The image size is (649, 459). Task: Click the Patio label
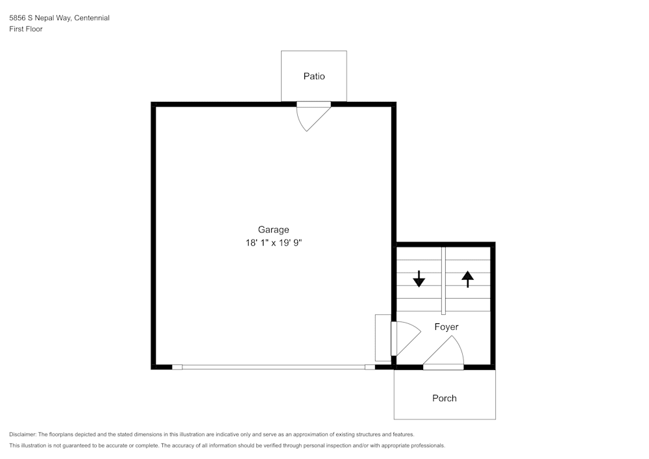coord(314,76)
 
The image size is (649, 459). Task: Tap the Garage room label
coord(273,229)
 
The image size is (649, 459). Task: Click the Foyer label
coord(447,327)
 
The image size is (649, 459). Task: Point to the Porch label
coord(445,398)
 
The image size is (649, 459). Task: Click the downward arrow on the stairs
coord(419,279)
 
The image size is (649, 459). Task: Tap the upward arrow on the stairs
coord(467,279)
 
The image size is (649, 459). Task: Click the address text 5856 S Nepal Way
coord(40,18)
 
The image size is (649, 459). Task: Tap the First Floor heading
coord(26,29)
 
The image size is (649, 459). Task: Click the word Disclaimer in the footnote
coord(23,434)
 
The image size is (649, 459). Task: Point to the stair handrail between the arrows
coord(443,279)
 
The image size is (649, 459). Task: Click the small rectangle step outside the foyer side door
coord(382,338)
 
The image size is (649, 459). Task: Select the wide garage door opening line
coord(273,367)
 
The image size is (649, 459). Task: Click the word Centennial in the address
coord(92,18)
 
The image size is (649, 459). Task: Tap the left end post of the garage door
coord(177,367)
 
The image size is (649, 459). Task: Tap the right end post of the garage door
coord(370,367)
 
